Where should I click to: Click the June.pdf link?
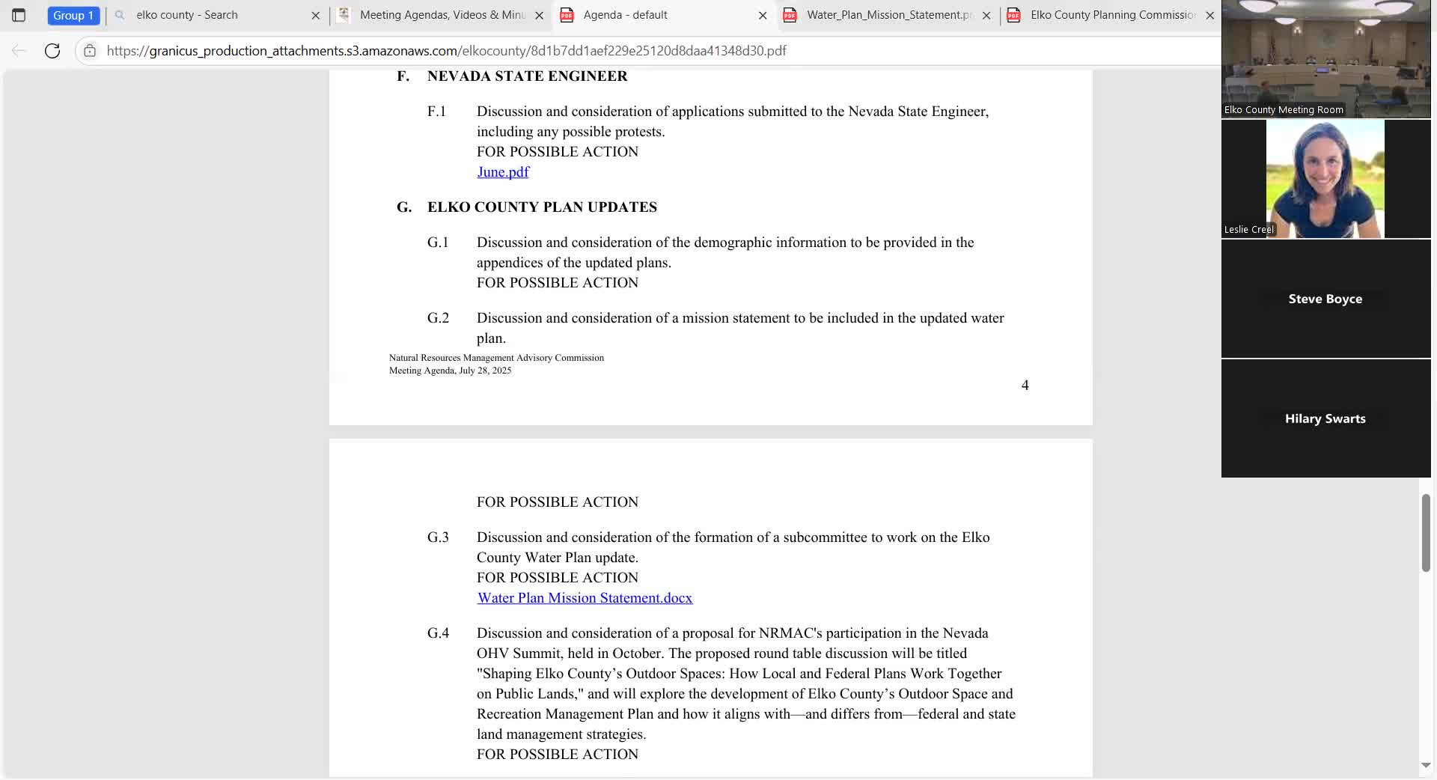[x=503, y=172]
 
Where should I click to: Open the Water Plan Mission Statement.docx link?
[x=585, y=598]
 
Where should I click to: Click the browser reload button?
[x=52, y=51]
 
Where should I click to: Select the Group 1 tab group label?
[x=73, y=15]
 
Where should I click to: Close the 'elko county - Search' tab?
[x=315, y=15]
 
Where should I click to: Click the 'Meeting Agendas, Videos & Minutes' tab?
[x=442, y=15]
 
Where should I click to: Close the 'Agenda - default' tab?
[x=762, y=15]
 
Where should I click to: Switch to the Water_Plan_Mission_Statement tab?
[x=888, y=15]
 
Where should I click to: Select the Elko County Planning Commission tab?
[x=1111, y=15]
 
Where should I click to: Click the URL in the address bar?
[x=446, y=51]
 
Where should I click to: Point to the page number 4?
[x=1025, y=386]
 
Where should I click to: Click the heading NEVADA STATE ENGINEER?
[x=527, y=76]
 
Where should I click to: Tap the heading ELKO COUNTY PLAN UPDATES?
[x=542, y=207]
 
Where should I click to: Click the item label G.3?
[x=438, y=537]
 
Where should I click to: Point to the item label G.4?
[x=438, y=633]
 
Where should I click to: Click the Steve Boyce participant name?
[x=1325, y=299]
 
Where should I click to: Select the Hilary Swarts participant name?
[x=1325, y=418]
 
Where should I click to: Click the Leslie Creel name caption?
[x=1248, y=230]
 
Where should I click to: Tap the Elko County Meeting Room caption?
[x=1283, y=110]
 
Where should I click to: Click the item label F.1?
[x=436, y=112]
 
